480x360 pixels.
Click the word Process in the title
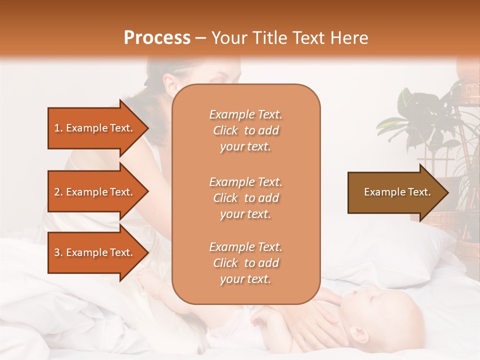[x=157, y=38]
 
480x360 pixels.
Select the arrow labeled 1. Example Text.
[x=95, y=128]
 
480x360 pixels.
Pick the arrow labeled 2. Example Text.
[x=95, y=192]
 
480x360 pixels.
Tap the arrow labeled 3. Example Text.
[x=95, y=252]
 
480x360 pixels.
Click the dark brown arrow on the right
[x=395, y=192]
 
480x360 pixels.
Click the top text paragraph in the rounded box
[x=245, y=130]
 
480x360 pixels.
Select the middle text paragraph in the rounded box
[x=245, y=198]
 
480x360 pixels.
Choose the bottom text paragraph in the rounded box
[x=245, y=263]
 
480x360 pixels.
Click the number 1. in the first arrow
[x=58, y=128]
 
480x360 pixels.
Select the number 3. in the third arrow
[x=58, y=252]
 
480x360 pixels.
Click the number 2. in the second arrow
[x=58, y=192]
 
